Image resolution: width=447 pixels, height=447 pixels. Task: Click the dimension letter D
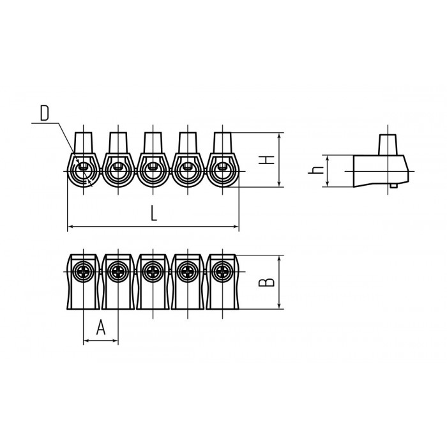[x=44, y=113]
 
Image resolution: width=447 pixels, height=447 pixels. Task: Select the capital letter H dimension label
[x=266, y=160]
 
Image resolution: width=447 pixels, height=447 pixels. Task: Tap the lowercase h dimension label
[x=316, y=170]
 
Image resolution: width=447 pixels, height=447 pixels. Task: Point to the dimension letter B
[x=266, y=282]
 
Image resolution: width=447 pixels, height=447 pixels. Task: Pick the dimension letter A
[x=101, y=327]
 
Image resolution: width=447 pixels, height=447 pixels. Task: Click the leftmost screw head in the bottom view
[x=83, y=271]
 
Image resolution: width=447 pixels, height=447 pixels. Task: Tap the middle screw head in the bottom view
[x=153, y=271]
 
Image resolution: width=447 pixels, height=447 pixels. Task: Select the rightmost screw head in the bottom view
[x=222, y=271]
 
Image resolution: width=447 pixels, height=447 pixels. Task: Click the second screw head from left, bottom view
[x=118, y=271]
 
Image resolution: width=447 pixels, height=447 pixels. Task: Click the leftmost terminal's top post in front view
[x=83, y=143]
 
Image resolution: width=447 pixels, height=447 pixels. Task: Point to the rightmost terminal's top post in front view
[x=222, y=143]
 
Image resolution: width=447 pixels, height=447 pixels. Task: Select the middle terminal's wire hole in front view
[x=153, y=170]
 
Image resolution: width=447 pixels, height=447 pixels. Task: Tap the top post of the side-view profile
[x=388, y=145]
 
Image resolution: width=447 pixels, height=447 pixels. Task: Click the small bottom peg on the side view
[x=394, y=186]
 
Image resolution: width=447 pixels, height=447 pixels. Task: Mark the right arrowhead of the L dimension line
[x=236, y=227]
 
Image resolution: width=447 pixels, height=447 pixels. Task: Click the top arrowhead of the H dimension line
[x=280, y=135]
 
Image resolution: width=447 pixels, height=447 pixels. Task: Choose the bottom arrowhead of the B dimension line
[x=280, y=306]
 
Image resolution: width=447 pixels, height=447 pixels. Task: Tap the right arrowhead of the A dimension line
[x=115, y=340]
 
